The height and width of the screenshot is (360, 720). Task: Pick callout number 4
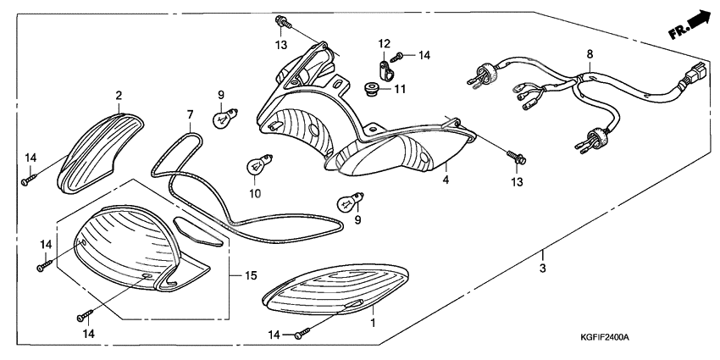click(x=444, y=180)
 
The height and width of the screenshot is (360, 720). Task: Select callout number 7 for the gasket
click(x=191, y=114)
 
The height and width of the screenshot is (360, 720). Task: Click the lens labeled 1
click(x=335, y=292)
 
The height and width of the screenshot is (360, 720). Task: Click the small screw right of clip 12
click(x=404, y=55)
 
